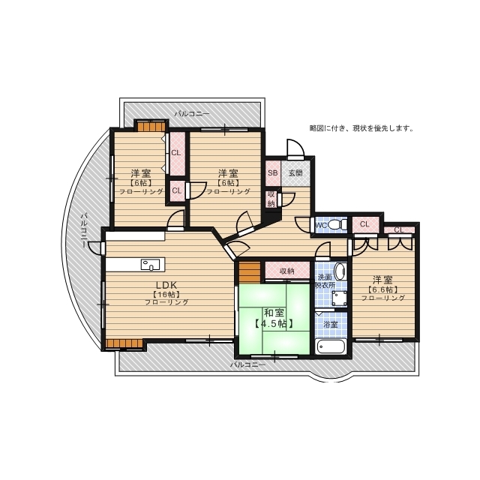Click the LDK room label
[166, 284]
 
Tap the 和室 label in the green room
[273, 312]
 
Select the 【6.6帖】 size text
[382, 289]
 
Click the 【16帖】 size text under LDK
[166, 293]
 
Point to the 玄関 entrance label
[296, 172]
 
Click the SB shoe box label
[272, 172]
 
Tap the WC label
[320, 224]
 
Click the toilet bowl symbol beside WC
[334, 224]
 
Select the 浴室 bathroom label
[330, 324]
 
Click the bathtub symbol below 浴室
[330, 348]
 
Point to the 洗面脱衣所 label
[324, 281]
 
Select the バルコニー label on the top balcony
[192, 114]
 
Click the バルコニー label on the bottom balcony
[247, 364]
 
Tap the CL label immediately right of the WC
[364, 223]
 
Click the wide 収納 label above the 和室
[286, 271]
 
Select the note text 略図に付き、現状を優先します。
[361, 128]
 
